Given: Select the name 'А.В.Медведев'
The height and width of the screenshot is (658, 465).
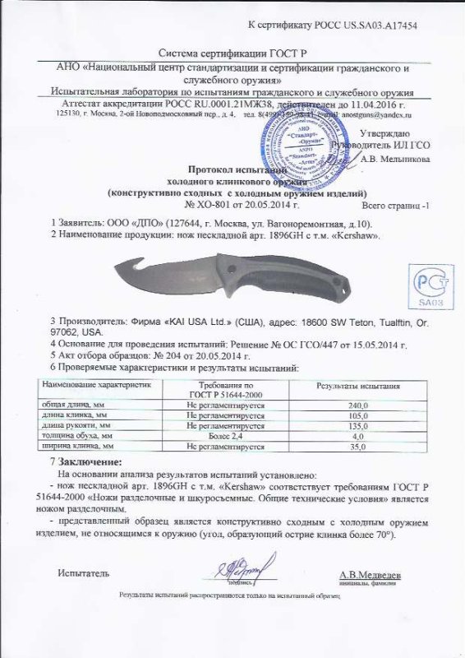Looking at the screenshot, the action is tap(370, 574).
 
